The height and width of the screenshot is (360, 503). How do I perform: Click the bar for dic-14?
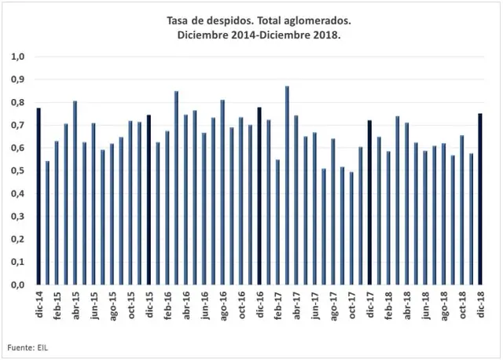[39, 196]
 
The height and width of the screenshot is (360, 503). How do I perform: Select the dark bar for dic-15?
[149, 200]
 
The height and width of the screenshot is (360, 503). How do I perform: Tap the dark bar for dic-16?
[259, 196]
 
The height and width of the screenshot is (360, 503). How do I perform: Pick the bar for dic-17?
[369, 203]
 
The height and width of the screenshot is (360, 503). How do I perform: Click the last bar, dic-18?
[480, 199]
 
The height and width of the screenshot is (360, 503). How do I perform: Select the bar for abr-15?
[75, 193]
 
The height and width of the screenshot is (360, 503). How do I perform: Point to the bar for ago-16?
[222, 193]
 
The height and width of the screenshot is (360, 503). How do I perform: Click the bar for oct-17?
[351, 228]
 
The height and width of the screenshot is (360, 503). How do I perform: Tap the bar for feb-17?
[277, 222]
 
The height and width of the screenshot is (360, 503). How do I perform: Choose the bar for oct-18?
[461, 210]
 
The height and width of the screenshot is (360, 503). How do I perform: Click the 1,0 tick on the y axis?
[18, 57]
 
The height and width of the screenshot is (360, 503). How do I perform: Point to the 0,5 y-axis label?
[18, 171]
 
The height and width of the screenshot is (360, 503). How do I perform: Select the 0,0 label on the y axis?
[18, 285]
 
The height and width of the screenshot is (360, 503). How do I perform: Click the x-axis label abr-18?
[407, 305]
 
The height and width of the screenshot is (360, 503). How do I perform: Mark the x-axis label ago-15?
[112, 306]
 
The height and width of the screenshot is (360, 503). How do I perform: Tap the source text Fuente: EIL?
[28, 347]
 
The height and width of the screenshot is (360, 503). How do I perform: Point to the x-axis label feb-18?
[389, 305]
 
